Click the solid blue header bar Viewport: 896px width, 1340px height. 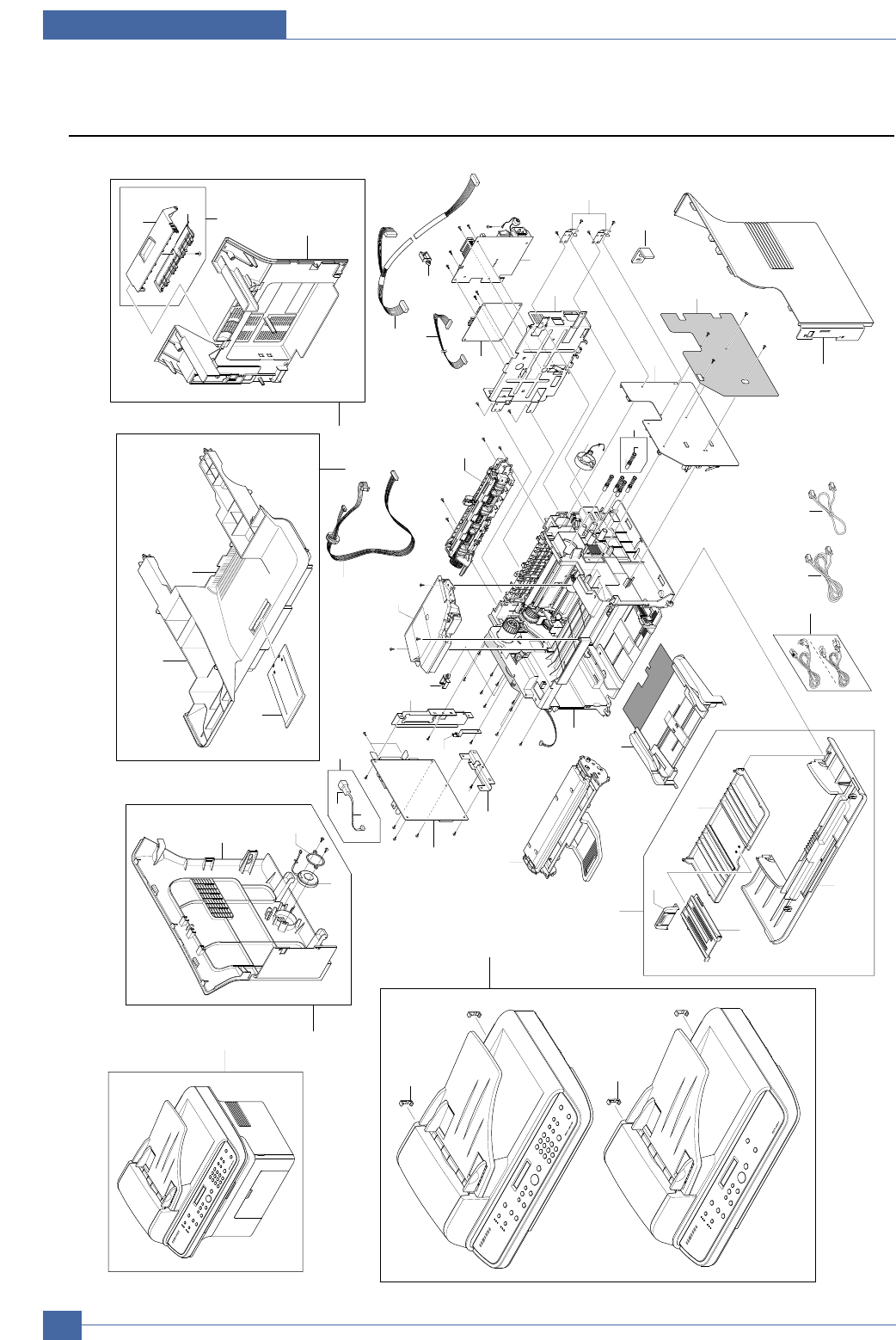pyautogui.click(x=164, y=24)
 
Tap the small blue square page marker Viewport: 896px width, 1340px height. pyautogui.click(x=62, y=1325)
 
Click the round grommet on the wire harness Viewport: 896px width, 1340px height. pyautogui.click(x=330, y=537)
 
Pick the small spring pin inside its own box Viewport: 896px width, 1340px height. pyautogui.click(x=633, y=452)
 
